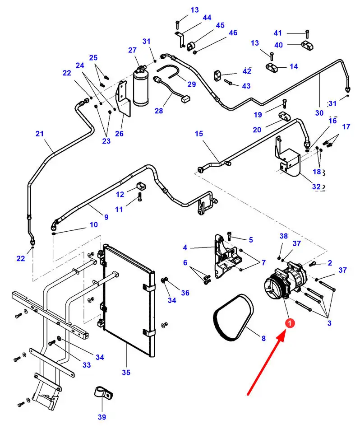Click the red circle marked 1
point(290,323)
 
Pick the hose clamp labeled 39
point(102,392)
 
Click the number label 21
point(40,134)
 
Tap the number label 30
point(319,113)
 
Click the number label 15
point(199,134)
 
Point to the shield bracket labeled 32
point(287,160)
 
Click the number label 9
point(106,217)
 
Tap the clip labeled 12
point(140,186)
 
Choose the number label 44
point(207,18)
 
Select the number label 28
point(159,111)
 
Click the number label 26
point(119,133)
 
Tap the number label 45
point(220,25)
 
